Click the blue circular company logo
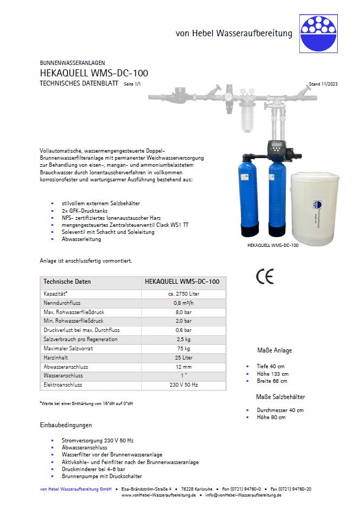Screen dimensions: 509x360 click(318, 32)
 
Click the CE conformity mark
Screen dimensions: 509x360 click(265, 276)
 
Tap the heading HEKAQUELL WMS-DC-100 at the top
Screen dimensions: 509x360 click(94, 73)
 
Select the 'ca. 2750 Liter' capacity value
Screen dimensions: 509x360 click(184, 293)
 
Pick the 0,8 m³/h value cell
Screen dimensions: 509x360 click(184, 303)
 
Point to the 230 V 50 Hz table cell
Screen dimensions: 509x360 click(184, 385)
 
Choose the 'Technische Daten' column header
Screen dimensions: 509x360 click(67, 282)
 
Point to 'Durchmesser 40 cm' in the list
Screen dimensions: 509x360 click(280, 410)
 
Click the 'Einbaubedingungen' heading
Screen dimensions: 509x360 click(66, 425)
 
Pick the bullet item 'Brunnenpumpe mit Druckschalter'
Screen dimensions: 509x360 click(102, 476)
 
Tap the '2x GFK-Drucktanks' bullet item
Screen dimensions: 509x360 click(86, 210)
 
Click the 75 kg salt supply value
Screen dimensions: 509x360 click(184, 349)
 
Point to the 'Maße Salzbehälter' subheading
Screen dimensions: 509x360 click(280, 397)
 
